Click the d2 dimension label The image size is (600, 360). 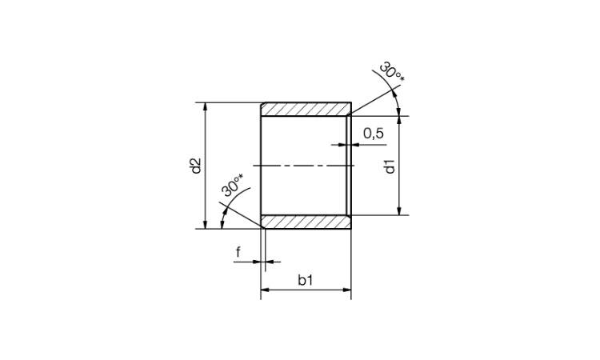(x=196, y=166)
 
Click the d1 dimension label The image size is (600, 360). (x=390, y=167)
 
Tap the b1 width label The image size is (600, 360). (x=306, y=281)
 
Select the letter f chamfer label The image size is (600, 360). (x=238, y=252)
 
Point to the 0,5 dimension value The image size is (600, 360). (x=374, y=133)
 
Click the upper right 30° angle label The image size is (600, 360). (x=391, y=73)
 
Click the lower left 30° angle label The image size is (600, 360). (x=232, y=185)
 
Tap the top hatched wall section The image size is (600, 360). (x=306, y=110)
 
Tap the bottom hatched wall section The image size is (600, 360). (x=306, y=222)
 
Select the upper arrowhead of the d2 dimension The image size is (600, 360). (x=206, y=106)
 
